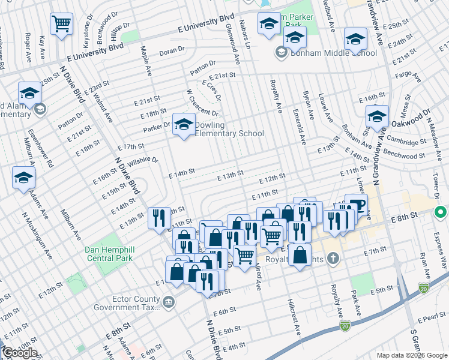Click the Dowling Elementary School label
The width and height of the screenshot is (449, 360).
229,133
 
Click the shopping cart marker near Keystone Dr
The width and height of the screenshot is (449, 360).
61,25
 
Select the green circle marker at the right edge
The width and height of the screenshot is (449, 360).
440,212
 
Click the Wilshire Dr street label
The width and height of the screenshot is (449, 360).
142,162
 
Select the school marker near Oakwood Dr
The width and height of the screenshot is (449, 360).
377,116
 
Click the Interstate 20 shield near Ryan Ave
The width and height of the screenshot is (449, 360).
424,289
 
